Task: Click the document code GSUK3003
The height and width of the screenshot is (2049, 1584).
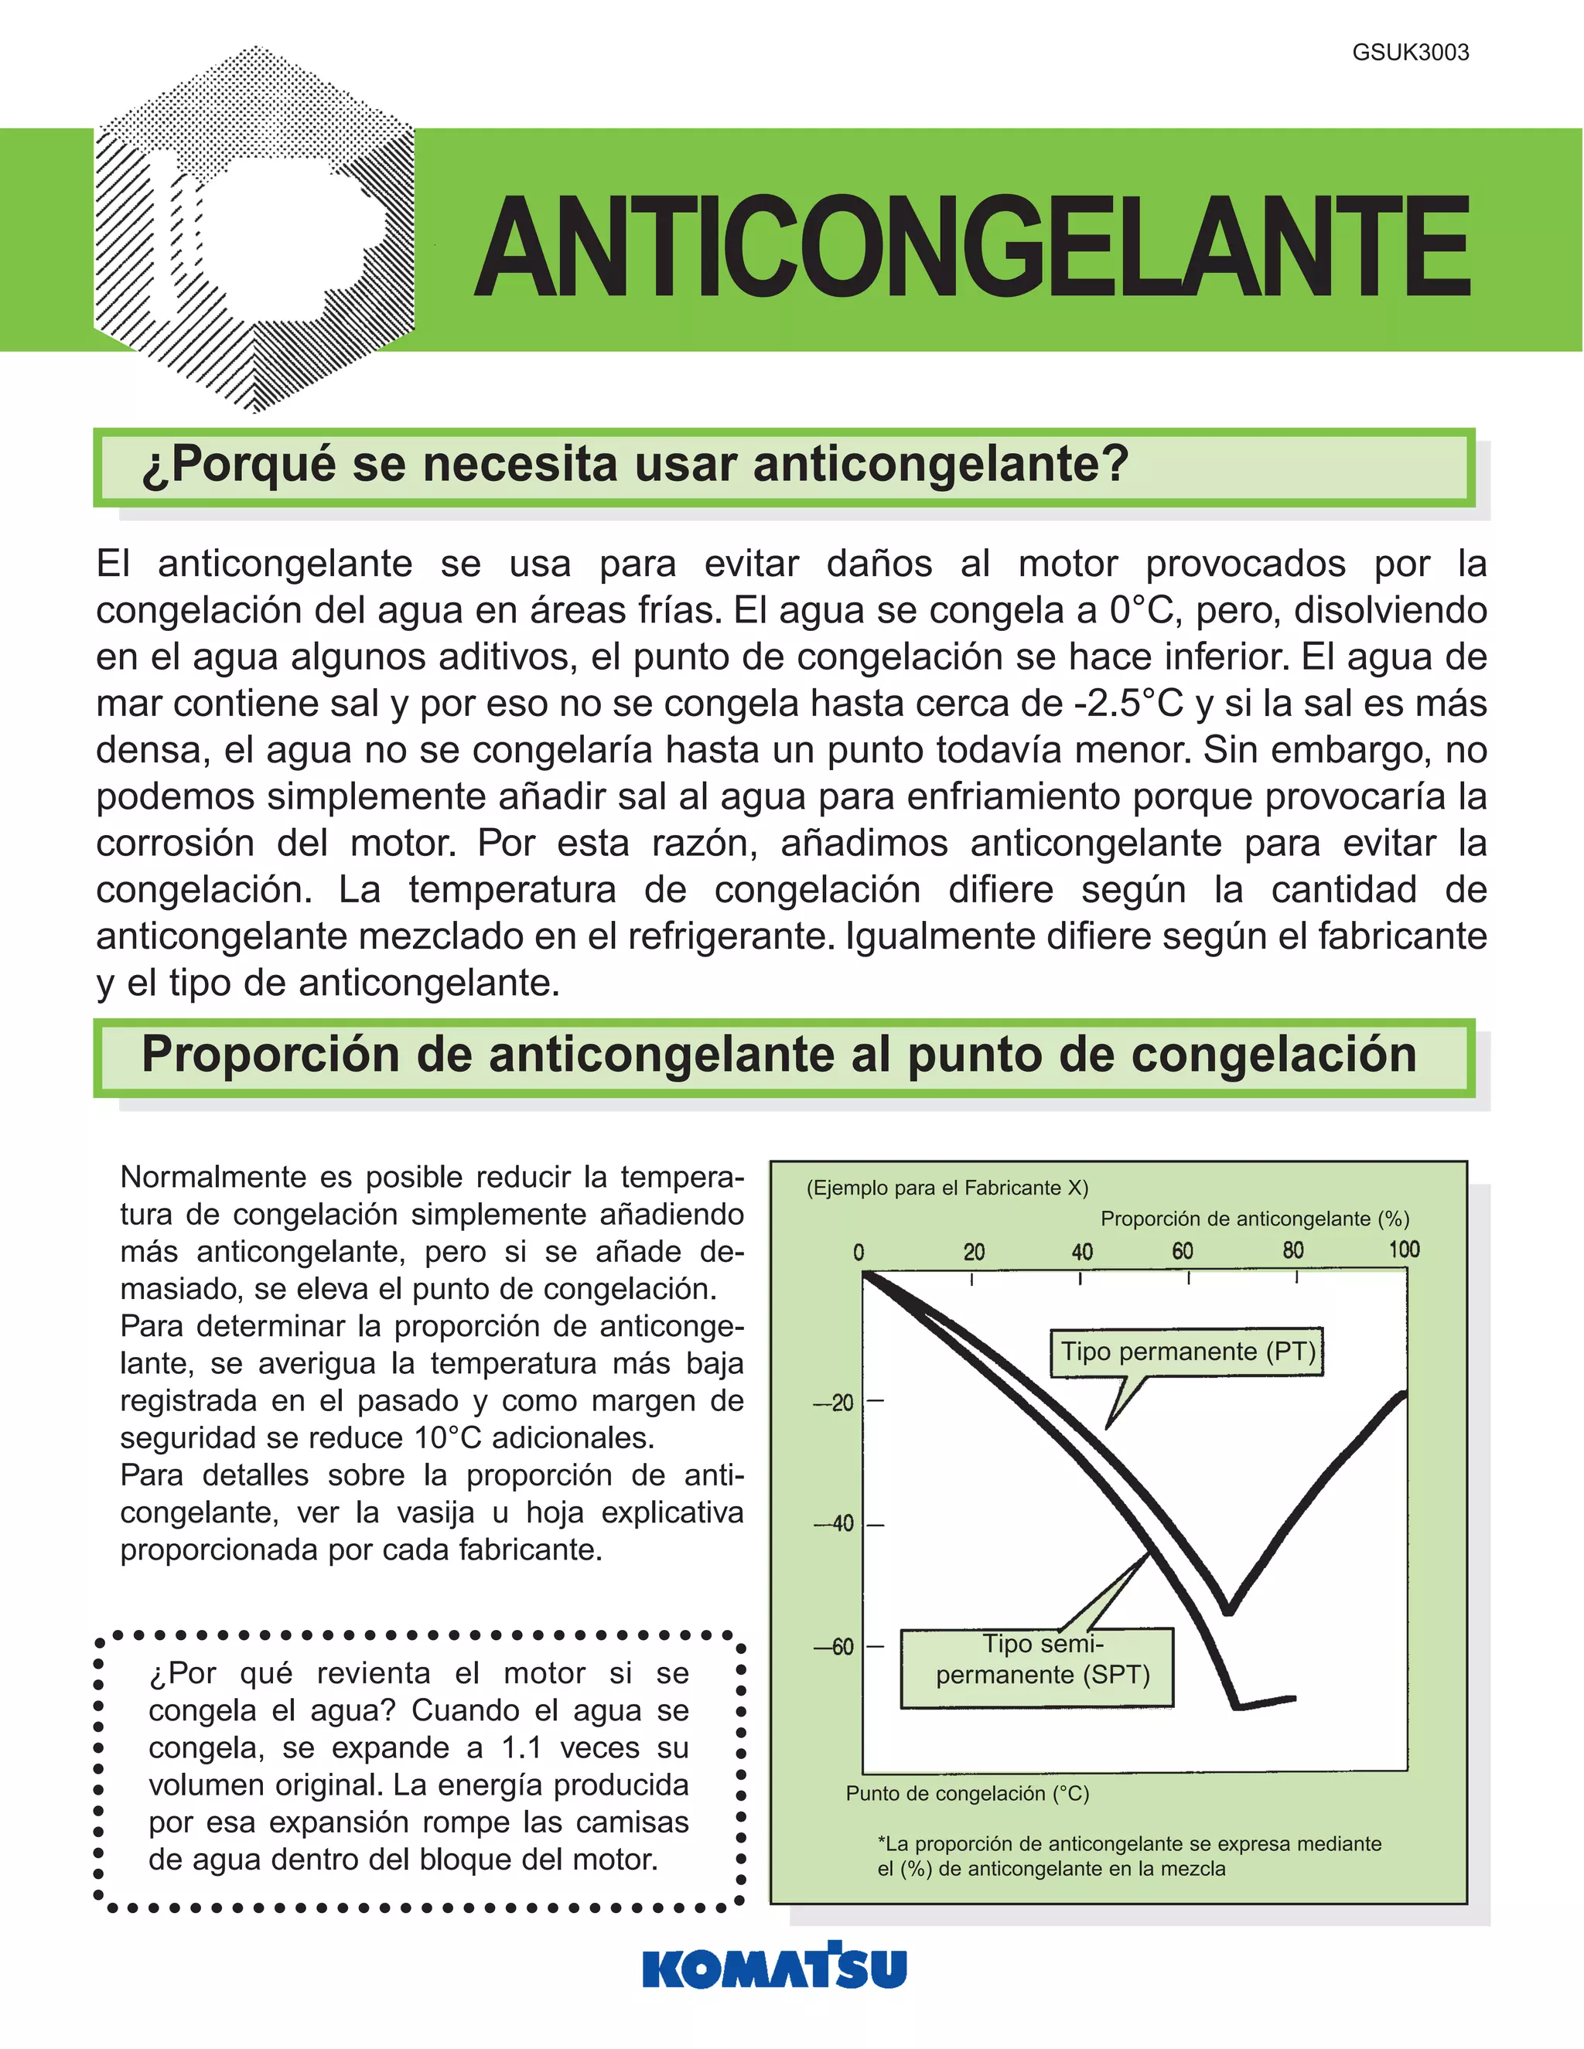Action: pyautogui.click(x=1409, y=53)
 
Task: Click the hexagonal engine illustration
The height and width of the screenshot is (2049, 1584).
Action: pyautogui.click(x=254, y=230)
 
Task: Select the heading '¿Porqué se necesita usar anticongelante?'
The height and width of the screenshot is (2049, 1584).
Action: pyautogui.click(x=634, y=465)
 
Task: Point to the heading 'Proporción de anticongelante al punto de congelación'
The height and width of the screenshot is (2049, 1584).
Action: pyautogui.click(x=778, y=1055)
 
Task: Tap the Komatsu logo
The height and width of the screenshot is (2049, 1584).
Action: pyautogui.click(x=774, y=1967)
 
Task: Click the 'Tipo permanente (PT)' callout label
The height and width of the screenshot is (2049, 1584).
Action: pyautogui.click(x=1187, y=1352)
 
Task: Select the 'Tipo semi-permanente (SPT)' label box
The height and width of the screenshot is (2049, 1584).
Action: pyautogui.click(x=1037, y=1668)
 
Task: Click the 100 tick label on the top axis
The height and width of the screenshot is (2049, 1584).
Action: pyautogui.click(x=1404, y=1250)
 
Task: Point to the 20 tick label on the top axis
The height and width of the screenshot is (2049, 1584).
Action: pyautogui.click(x=973, y=1252)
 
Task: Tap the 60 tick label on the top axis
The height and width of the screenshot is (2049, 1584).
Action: pyautogui.click(x=1183, y=1250)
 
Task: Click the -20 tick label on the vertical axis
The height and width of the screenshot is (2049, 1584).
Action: pyautogui.click(x=835, y=1403)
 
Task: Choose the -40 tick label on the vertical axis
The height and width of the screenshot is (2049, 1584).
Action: pyautogui.click(x=835, y=1524)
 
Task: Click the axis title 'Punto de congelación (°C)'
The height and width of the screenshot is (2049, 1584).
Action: pyautogui.click(x=968, y=1794)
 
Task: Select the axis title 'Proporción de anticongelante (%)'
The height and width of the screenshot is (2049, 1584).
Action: pyautogui.click(x=1255, y=1219)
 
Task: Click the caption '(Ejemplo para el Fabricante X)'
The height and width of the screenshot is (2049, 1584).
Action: pyautogui.click(x=947, y=1188)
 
